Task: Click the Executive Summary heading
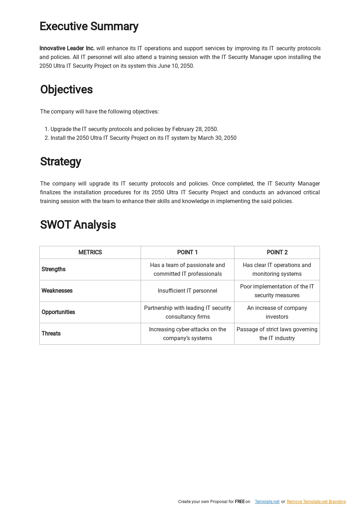89,26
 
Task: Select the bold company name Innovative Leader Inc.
67,48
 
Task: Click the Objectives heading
66,90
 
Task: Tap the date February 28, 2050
195,129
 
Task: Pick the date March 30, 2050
217,138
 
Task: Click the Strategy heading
60,162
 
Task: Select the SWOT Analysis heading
78,225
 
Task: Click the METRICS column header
90,253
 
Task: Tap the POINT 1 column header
187,253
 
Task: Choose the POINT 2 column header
277,253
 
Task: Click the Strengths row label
53,269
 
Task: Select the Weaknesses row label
57,291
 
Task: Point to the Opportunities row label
58,312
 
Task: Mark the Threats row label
51,334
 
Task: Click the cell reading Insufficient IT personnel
187,291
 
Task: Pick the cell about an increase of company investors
277,312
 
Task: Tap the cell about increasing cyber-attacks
187,334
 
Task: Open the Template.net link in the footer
267,502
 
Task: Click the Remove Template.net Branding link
316,502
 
